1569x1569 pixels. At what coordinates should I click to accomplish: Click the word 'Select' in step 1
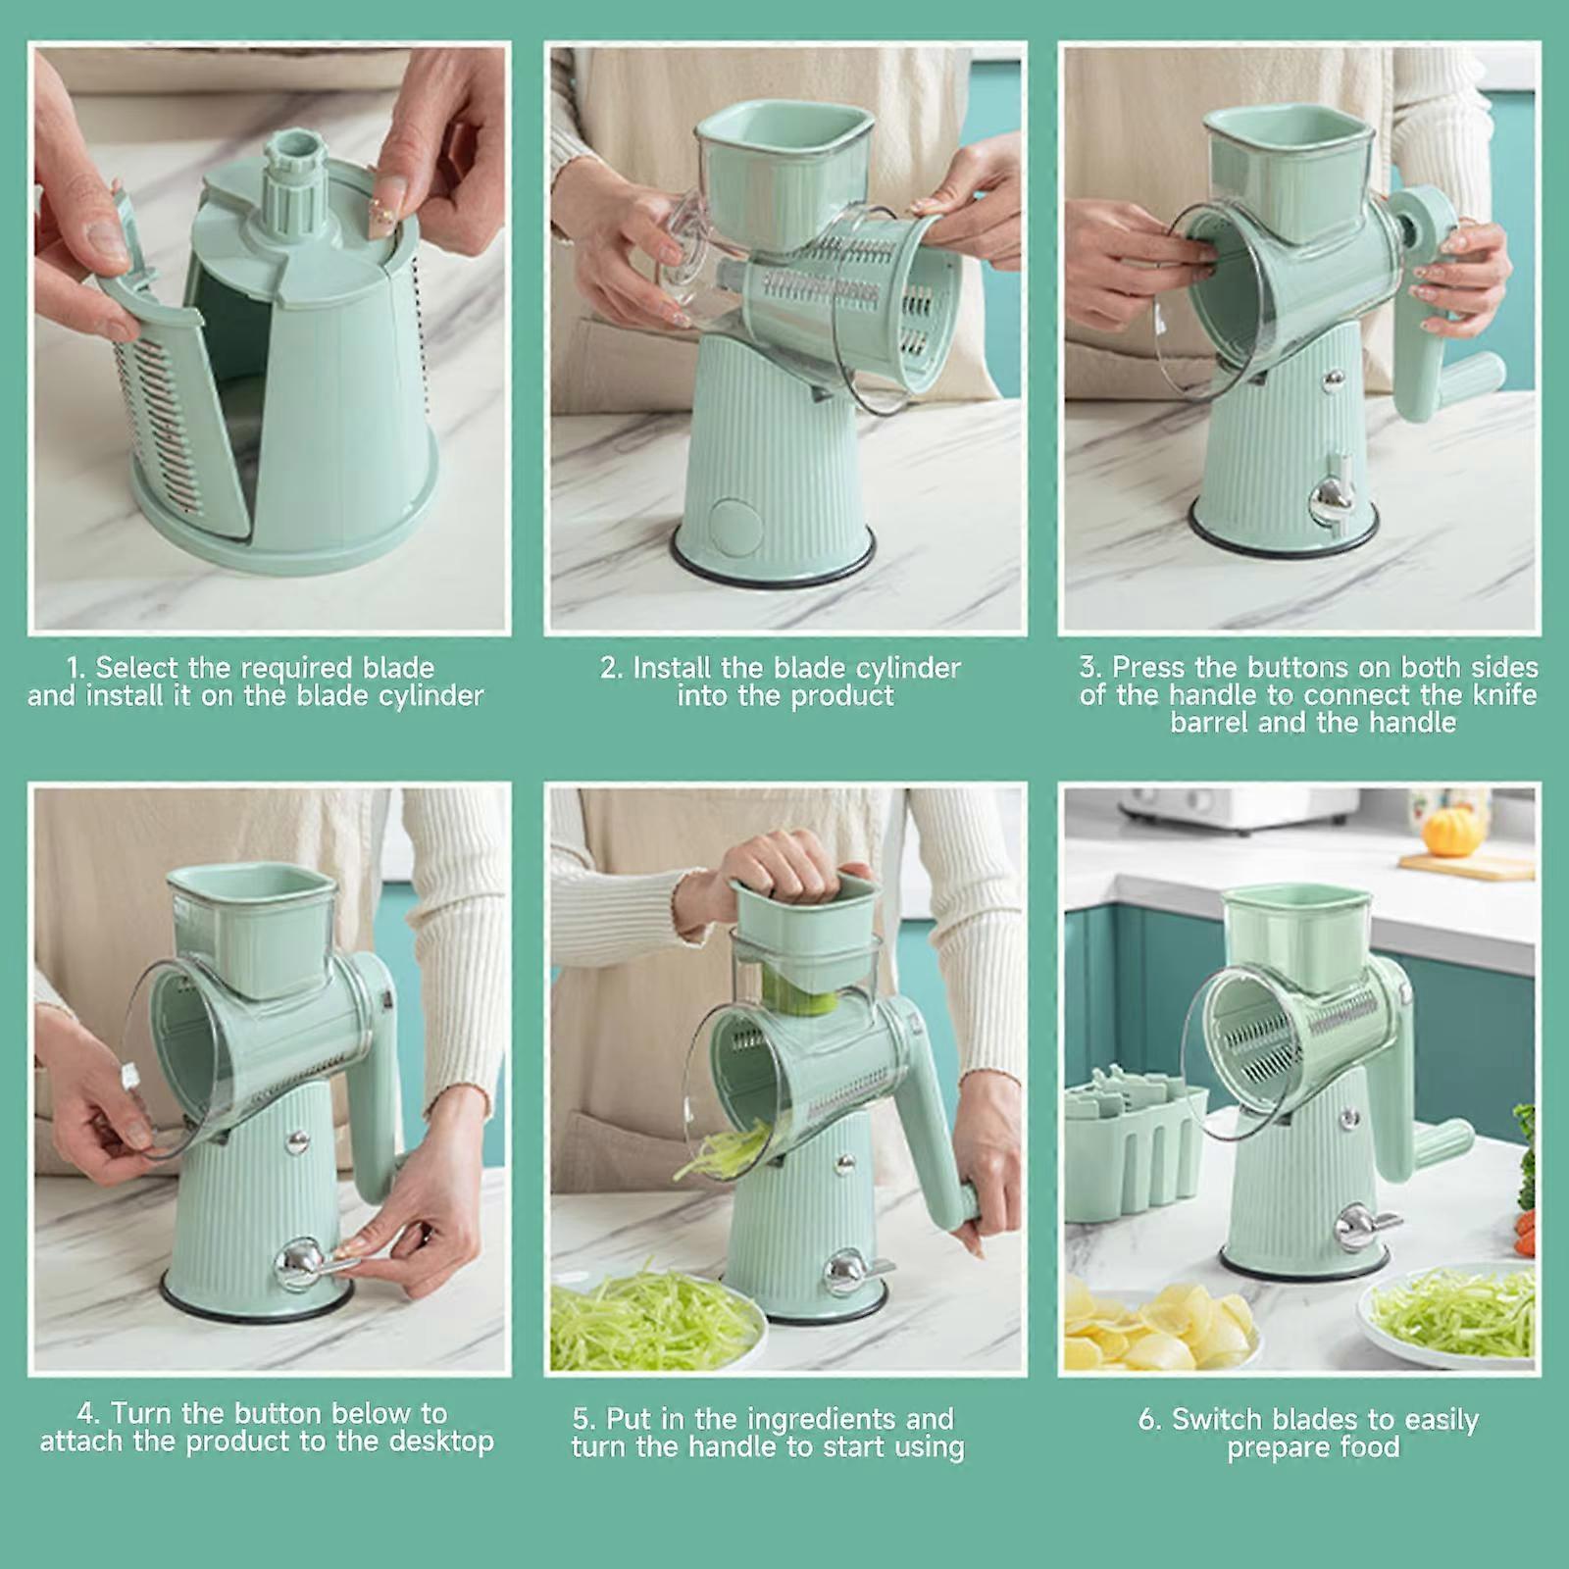(x=138, y=668)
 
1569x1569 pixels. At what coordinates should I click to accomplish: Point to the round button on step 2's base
(x=736, y=526)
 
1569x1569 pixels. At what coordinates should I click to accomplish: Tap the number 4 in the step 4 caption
(x=87, y=1414)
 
